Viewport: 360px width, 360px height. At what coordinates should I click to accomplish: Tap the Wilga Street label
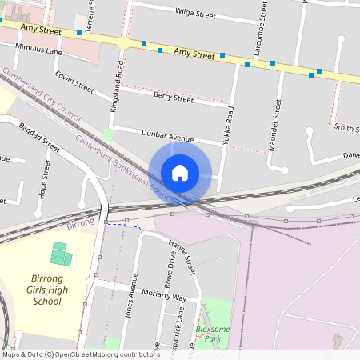click(x=195, y=13)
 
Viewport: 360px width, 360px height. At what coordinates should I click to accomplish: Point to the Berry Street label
click(x=173, y=98)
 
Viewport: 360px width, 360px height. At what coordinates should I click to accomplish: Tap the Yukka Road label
click(x=229, y=125)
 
